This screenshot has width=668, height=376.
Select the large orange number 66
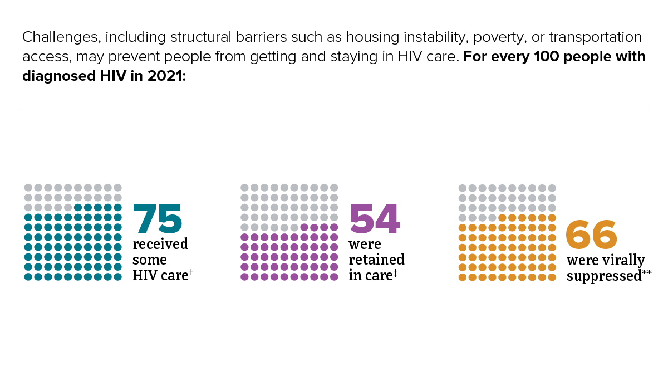(x=591, y=235)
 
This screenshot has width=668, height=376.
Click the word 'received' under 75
(x=160, y=245)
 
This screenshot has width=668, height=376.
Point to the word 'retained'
(x=377, y=260)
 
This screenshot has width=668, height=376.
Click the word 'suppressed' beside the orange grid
(x=604, y=276)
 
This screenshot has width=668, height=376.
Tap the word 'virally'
(x=623, y=261)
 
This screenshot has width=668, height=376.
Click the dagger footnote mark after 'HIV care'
(x=191, y=271)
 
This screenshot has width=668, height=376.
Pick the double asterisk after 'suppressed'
(x=647, y=272)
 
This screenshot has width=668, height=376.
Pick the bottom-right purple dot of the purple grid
(x=334, y=277)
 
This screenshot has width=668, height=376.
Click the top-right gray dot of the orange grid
(x=552, y=188)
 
